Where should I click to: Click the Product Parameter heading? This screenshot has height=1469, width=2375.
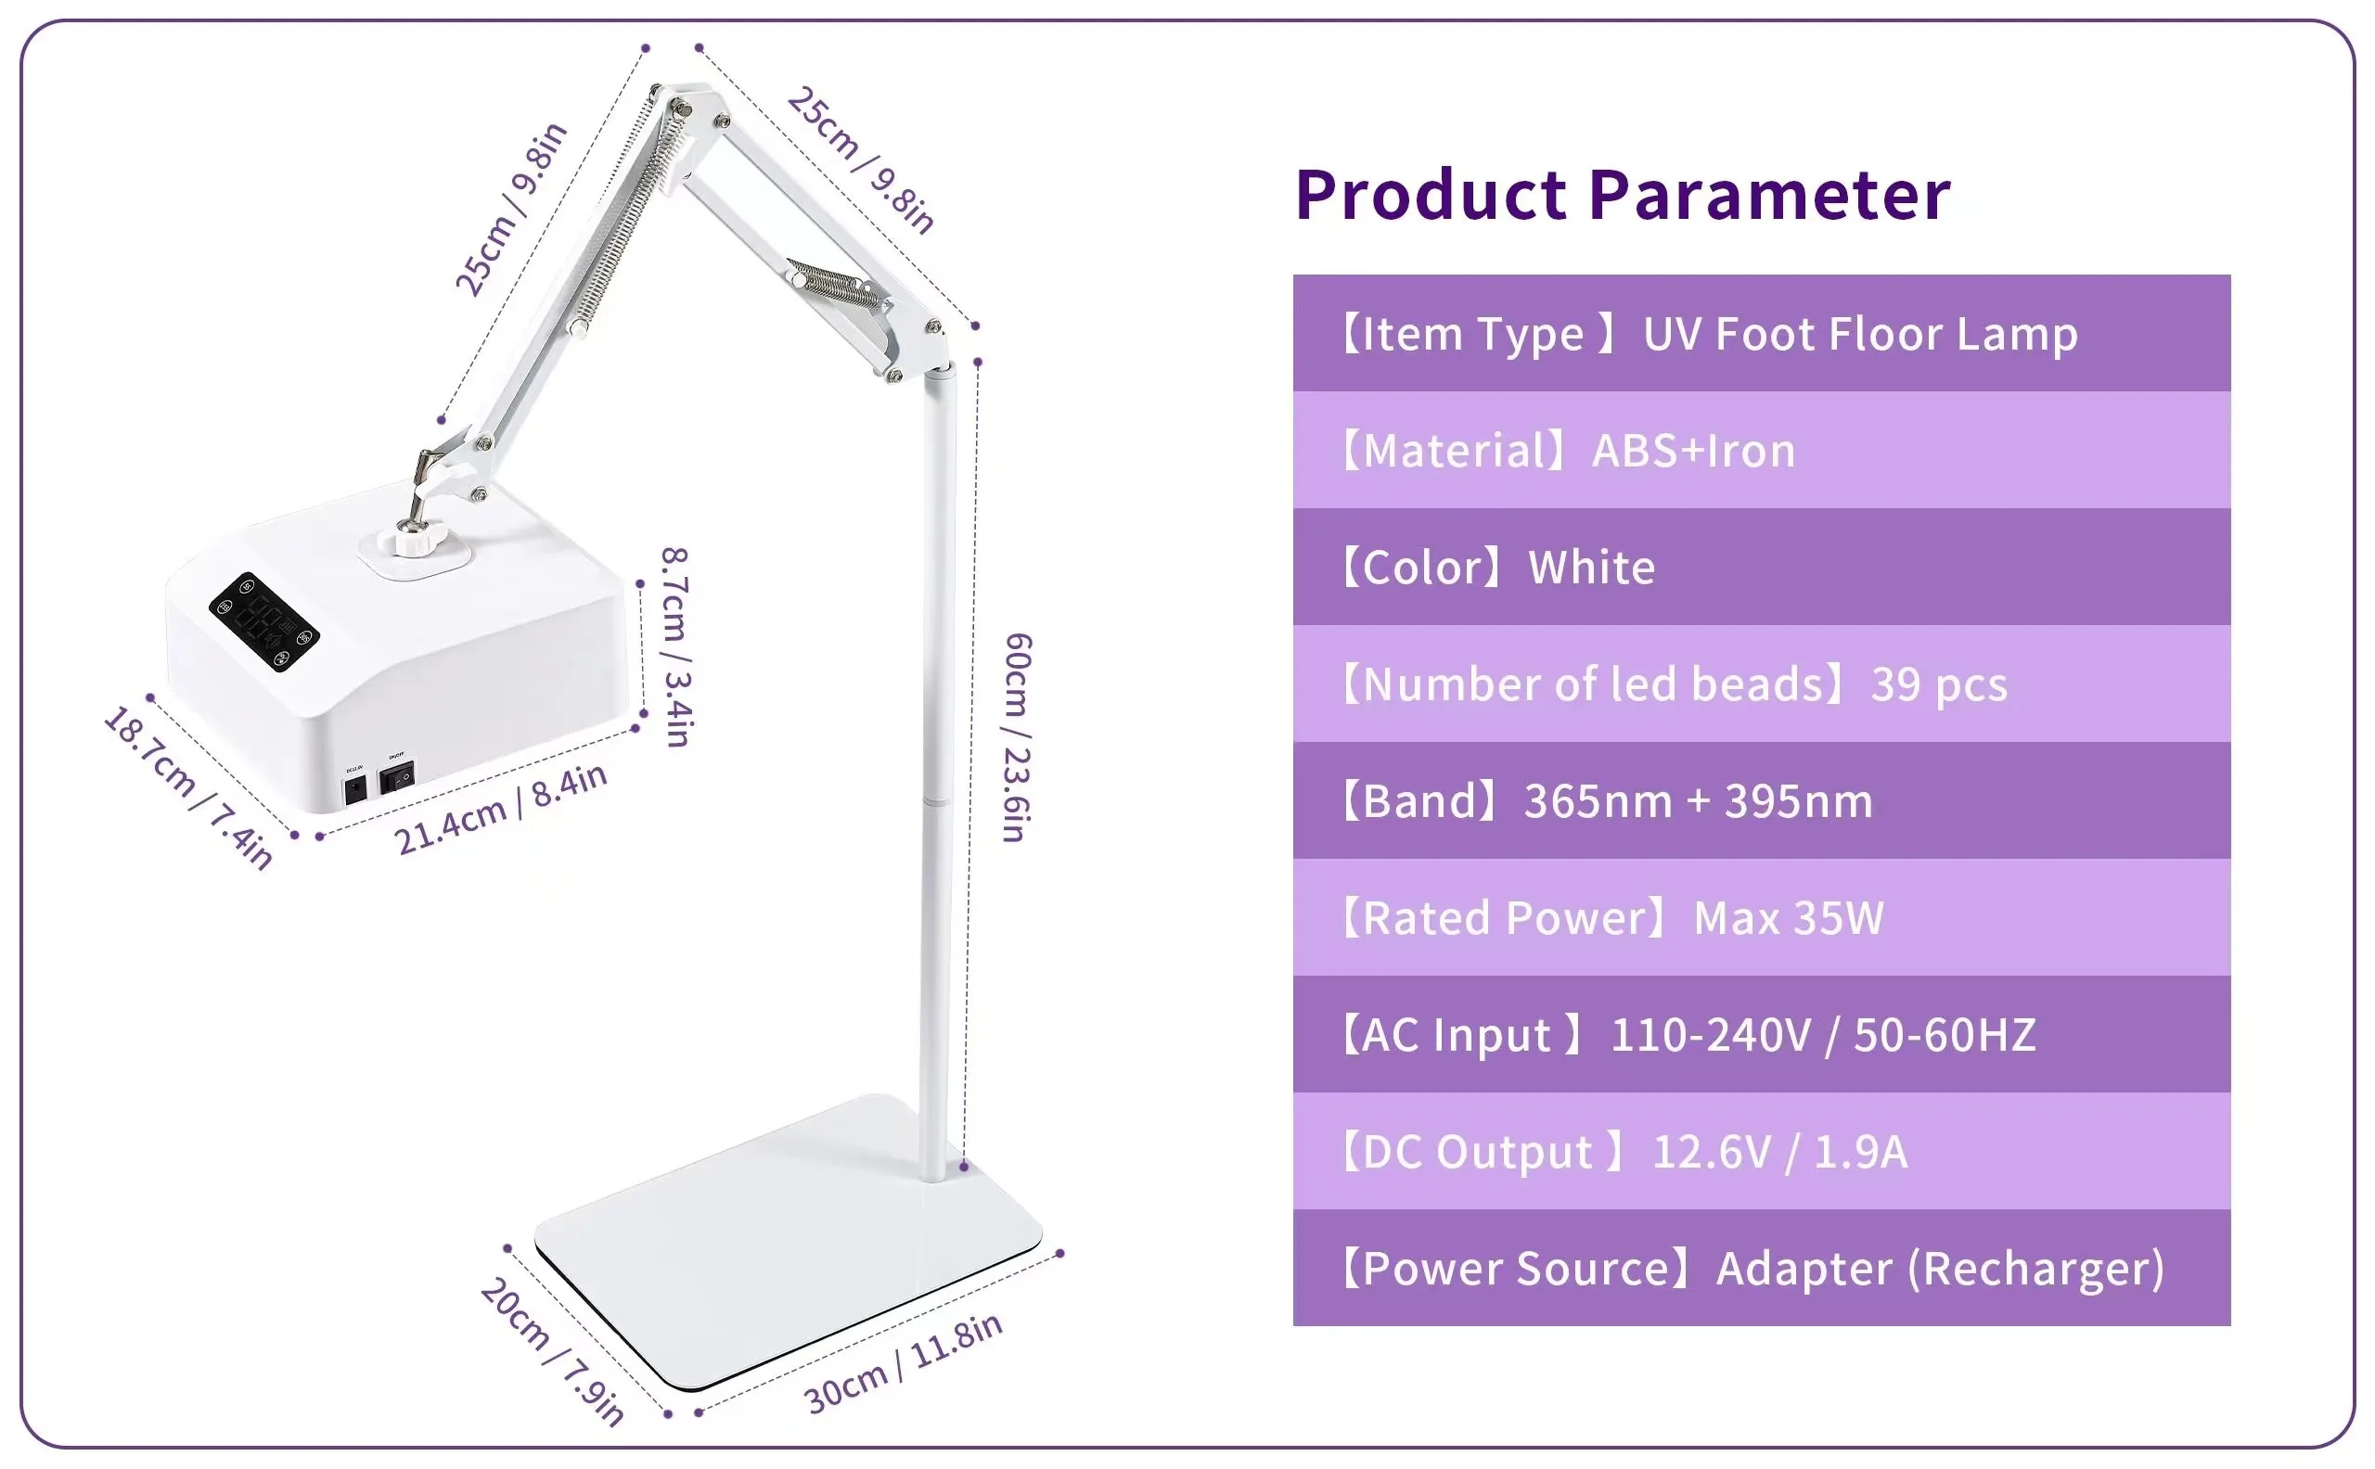pyautogui.click(x=1622, y=196)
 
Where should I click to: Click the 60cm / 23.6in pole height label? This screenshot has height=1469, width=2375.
pyautogui.click(x=1017, y=737)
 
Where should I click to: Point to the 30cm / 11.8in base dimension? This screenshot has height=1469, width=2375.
pyautogui.click(x=903, y=1364)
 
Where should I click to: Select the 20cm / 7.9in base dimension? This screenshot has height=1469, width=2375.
pyautogui.click(x=551, y=1350)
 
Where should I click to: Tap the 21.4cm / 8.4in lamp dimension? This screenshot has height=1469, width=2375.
pyautogui.click(x=500, y=809)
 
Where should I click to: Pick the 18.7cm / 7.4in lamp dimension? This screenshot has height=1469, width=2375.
pyautogui.click(x=187, y=787)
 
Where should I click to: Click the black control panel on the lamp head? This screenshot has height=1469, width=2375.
pyautogui.click(x=264, y=621)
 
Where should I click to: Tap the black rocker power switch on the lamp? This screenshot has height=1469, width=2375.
pyautogui.click(x=396, y=777)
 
